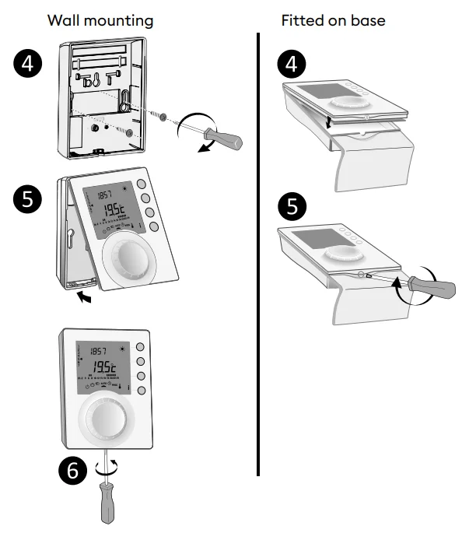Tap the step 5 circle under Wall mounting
coord(28,200)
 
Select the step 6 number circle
coord(72,469)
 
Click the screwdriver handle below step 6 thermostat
coord(107,506)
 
